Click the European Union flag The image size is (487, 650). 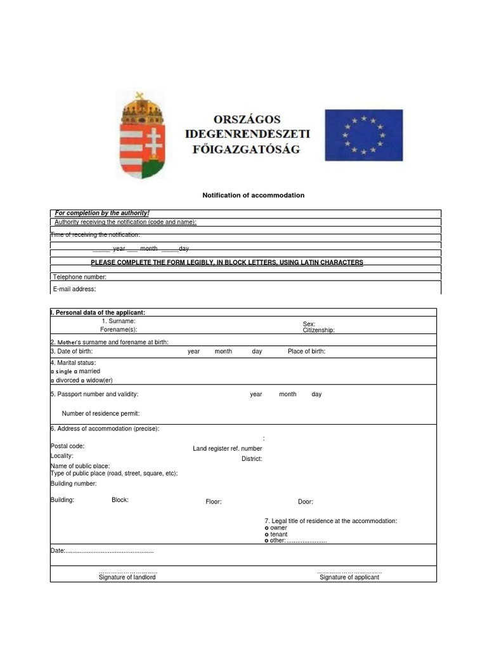click(x=363, y=135)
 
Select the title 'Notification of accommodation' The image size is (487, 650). click(x=253, y=195)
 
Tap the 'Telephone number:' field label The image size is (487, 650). click(x=79, y=277)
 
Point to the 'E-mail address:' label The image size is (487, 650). click(x=74, y=289)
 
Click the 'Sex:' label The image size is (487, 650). click(x=309, y=324)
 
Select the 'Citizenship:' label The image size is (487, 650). click(x=318, y=330)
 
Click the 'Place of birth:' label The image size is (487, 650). click(x=306, y=351)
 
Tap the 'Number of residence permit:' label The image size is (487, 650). click(x=100, y=413)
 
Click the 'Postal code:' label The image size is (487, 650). click(x=67, y=446)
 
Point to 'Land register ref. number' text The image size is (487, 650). click(x=227, y=449)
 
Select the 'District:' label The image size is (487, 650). click(x=251, y=458)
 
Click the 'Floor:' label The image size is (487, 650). click(x=213, y=501)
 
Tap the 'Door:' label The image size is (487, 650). click(x=305, y=501)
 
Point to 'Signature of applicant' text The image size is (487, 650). click(x=349, y=577)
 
